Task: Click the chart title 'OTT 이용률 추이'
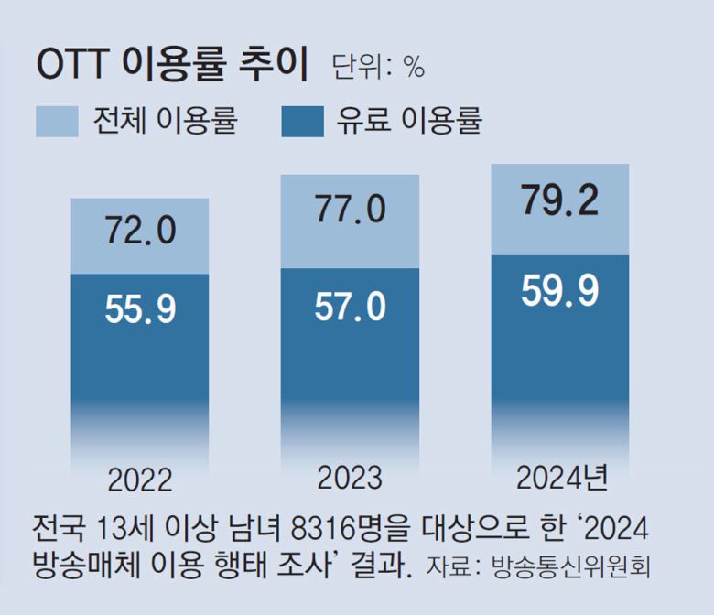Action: click(174, 66)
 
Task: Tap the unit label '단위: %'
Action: click(378, 67)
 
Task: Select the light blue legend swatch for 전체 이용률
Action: click(57, 121)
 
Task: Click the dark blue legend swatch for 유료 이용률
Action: click(302, 121)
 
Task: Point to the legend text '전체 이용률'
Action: click(165, 121)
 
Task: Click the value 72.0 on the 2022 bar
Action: click(140, 230)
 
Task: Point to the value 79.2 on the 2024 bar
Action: click(559, 200)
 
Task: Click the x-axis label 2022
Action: click(140, 480)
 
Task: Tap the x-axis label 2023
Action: click(350, 478)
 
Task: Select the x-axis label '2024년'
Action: click(561, 478)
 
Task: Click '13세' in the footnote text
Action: click(123, 529)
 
